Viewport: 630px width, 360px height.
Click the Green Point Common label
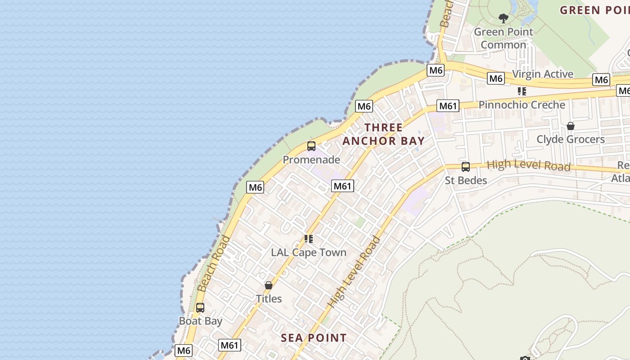[503, 38]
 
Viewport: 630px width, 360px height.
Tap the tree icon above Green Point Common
[504, 18]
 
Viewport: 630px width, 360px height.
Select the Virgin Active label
[543, 74]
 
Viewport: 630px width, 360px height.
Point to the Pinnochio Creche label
[522, 105]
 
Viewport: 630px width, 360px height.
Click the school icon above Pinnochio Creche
[522, 91]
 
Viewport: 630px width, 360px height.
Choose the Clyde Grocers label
[571, 139]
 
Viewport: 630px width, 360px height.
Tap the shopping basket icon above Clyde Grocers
[571, 126]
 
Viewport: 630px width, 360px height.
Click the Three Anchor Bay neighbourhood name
[384, 134]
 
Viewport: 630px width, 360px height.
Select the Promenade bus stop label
[311, 159]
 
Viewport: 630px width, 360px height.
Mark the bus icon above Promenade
[311, 146]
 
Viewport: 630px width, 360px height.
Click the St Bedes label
[466, 180]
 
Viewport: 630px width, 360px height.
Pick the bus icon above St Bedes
[466, 167]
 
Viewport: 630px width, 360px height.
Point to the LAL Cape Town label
[309, 252]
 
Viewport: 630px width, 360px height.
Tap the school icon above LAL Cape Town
[309, 238]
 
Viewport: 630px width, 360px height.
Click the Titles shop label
[269, 299]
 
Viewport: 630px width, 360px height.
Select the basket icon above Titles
[269, 285]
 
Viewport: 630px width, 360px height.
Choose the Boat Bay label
[201, 321]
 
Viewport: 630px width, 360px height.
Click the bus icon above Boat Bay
[200, 308]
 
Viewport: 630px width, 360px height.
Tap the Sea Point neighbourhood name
[314, 338]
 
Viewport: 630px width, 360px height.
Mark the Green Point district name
[594, 10]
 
